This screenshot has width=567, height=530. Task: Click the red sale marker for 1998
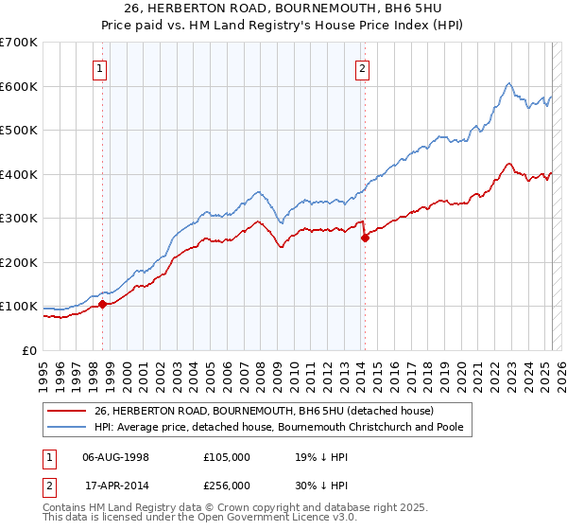pyautogui.click(x=102, y=304)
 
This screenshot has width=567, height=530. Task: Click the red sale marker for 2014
pyautogui.click(x=364, y=238)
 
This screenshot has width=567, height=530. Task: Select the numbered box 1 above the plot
pyautogui.click(x=100, y=67)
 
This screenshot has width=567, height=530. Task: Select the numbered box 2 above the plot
pyautogui.click(x=363, y=67)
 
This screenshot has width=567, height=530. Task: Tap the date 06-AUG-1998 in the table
pyautogui.click(x=115, y=457)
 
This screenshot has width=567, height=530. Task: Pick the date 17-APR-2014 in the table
pyautogui.click(x=115, y=486)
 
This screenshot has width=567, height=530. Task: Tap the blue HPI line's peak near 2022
pyautogui.click(x=509, y=83)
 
